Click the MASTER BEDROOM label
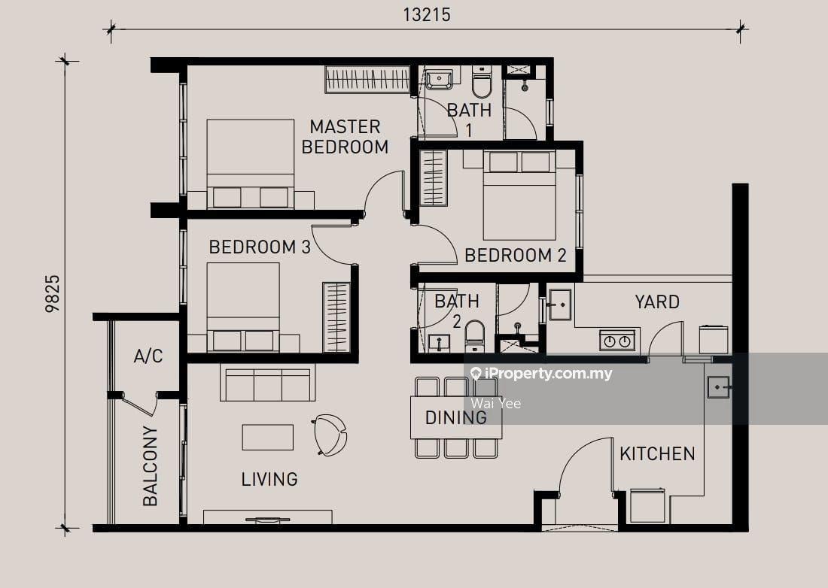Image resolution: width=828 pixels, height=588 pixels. pos(345,137)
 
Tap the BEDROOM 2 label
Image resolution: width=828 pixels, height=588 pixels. pos(516,255)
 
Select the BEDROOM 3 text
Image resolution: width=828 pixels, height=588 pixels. pos(260,247)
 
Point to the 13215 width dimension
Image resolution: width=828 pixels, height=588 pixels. pos(427,15)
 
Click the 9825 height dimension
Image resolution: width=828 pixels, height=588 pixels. pos(53,294)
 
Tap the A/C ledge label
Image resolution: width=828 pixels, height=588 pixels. pos(148,356)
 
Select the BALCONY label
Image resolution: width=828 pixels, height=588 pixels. pos(150,466)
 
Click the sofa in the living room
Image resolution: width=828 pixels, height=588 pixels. pos(268,383)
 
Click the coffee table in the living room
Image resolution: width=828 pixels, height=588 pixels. pos(268,437)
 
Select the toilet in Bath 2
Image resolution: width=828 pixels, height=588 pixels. pos(475,336)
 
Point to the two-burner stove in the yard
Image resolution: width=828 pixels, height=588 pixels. pos(616,340)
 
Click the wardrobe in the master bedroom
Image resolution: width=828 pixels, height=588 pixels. pos(367,80)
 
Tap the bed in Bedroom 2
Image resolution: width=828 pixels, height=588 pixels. pos(519,195)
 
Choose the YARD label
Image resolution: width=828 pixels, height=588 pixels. pos(657,302)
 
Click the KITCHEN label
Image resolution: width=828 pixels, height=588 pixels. pos(657,453)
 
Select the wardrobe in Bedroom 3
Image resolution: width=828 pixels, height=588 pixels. pos(336,317)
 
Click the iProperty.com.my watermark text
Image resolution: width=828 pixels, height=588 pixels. pos(541,374)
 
